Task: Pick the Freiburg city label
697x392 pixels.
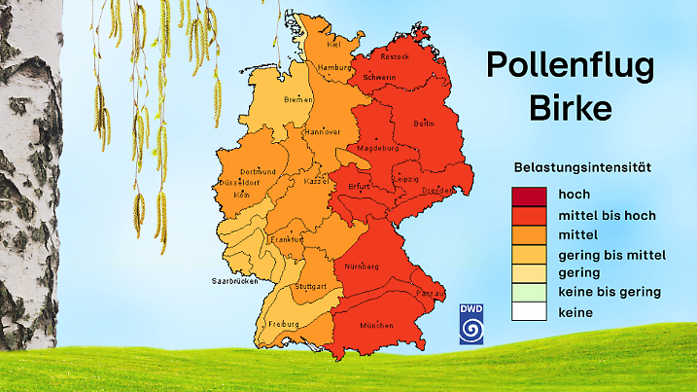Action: click(x=284, y=323)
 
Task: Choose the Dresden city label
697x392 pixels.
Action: click(x=437, y=191)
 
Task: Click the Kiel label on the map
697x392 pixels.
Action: click(x=332, y=44)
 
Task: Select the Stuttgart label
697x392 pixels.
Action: click(x=310, y=287)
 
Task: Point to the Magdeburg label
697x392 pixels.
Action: click(x=379, y=149)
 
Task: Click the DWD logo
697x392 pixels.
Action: click(x=471, y=324)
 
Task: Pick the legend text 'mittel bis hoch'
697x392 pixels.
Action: click(x=608, y=214)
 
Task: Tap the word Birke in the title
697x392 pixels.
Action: click(x=571, y=108)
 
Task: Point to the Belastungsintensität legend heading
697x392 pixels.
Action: click(x=582, y=167)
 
